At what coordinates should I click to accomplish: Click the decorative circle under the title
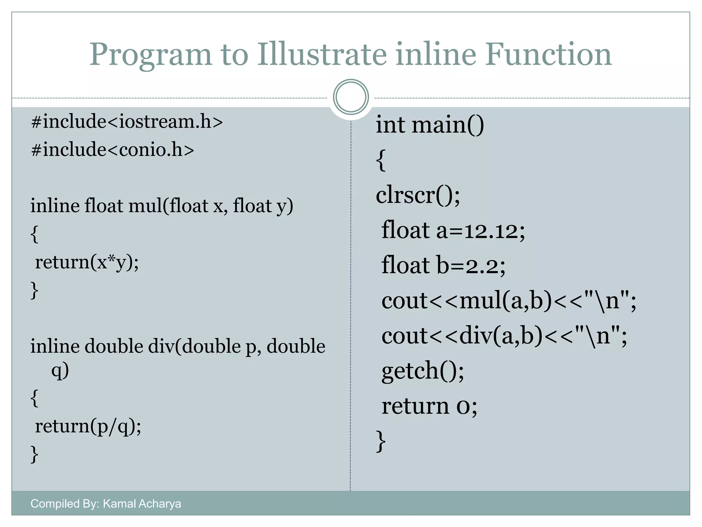coord(351,97)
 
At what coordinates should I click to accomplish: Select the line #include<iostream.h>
coord(127,122)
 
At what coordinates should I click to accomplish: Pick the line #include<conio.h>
coord(112,150)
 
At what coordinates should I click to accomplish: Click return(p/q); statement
coord(88,426)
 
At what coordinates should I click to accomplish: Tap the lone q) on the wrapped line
coord(60,371)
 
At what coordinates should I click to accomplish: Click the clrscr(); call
coord(418,195)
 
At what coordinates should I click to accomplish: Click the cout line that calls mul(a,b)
coord(509,301)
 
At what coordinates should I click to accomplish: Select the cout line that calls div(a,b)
coord(504,336)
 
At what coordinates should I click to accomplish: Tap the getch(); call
coord(423,371)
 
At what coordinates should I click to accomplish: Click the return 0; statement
coord(429,406)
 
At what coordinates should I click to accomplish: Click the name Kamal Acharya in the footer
coord(142,504)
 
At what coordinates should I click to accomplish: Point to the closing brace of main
coord(381,441)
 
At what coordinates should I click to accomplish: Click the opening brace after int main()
coord(381,160)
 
